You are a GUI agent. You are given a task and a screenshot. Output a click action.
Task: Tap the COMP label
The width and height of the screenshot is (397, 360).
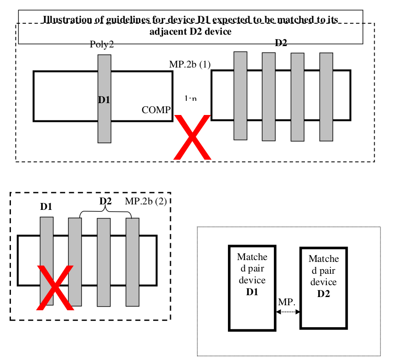156,110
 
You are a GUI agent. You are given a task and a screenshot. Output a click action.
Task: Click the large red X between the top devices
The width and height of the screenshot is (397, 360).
193,137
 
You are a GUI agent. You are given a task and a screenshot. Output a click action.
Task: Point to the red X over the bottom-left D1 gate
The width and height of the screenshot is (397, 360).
55,287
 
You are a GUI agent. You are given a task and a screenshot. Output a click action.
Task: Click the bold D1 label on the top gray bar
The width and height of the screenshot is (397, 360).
104,99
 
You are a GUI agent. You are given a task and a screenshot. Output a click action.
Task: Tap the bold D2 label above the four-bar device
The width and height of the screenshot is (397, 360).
281,43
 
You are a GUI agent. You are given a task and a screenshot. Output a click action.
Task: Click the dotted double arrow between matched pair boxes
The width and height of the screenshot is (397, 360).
287,312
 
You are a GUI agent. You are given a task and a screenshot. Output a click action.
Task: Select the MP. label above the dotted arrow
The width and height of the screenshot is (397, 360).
287,303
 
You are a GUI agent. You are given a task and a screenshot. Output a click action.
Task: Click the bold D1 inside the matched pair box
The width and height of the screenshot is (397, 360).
252,292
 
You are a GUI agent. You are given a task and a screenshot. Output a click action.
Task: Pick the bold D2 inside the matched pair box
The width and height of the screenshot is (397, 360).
324,294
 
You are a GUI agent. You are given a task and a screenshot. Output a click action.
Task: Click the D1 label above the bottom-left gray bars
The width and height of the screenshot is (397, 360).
46,207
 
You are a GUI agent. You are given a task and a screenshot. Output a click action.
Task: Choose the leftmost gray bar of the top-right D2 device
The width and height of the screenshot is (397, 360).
240,95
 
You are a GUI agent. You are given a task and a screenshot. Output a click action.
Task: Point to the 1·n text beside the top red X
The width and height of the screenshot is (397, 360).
191,99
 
